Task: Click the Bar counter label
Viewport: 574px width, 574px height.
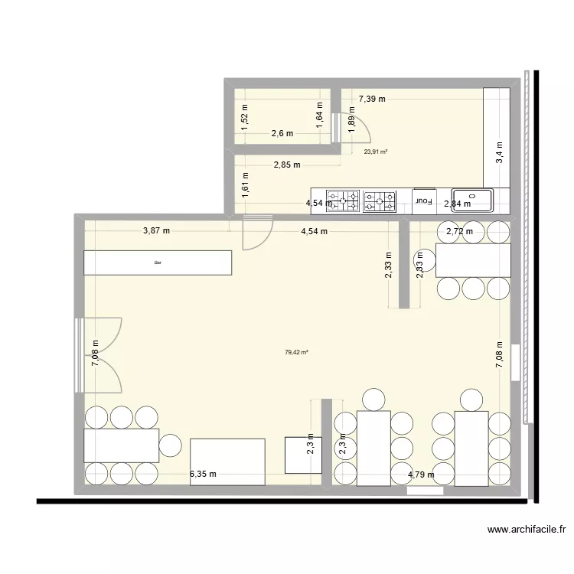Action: tap(158, 263)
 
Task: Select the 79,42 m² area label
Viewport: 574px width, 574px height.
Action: tap(296, 353)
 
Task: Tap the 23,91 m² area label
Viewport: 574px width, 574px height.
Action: tap(375, 152)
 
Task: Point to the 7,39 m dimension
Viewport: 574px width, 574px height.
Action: tap(372, 99)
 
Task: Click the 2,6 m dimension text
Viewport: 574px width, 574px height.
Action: tap(282, 133)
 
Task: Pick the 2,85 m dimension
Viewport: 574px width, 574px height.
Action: tap(287, 164)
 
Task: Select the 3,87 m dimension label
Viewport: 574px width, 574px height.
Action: tap(156, 230)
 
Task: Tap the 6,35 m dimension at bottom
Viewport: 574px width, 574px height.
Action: tap(203, 474)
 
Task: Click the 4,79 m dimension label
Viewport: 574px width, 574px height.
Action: tap(421, 475)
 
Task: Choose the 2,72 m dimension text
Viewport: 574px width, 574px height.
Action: tap(460, 231)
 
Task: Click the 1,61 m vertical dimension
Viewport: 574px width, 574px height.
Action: tap(245, 185)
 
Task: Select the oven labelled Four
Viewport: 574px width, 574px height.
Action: tap(423, 201)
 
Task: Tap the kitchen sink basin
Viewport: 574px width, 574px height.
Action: tap(472, 201)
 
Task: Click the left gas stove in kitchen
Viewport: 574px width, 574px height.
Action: tap(343, 201)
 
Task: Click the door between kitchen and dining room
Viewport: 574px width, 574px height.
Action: tap(256, 233)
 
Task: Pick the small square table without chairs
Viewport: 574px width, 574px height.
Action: tap(302, 455)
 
